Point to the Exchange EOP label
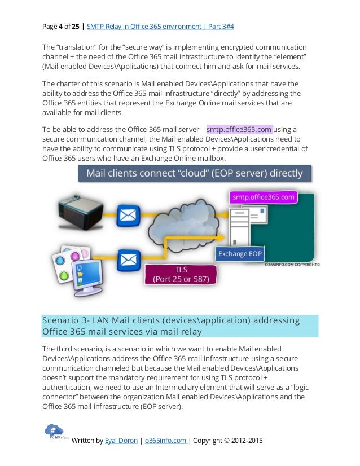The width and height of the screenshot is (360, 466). point(240,254)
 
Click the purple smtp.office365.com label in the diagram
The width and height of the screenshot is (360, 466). point(264,197)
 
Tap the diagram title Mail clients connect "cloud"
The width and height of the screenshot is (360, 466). point(194,173)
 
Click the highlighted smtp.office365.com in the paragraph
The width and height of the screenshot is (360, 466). point(240,129)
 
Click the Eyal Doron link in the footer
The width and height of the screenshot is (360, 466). point(121,441)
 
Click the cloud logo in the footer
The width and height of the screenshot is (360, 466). point(56,432)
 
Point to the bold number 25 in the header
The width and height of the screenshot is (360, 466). point(75,26)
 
